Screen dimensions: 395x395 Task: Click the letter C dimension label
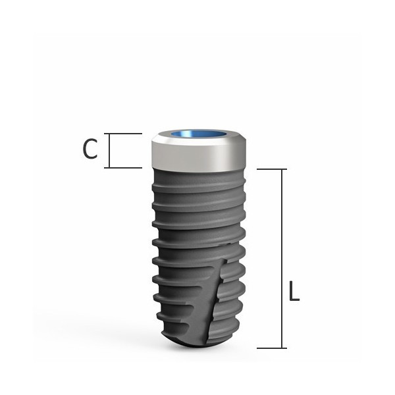click(x=90, y=150)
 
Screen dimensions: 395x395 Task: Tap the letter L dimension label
click(x=294, y=292)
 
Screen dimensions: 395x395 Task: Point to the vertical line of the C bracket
click(x=109, y=151)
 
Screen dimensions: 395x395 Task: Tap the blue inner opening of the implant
click(x=199, y=136)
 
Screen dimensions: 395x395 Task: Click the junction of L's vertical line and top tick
click(x=283, y=169)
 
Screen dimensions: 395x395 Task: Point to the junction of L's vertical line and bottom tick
click(x=283, y=348)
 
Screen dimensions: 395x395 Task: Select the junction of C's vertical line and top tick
click(x=109, y=134)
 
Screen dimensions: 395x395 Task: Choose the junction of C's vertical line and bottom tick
click(x=109, y=168)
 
